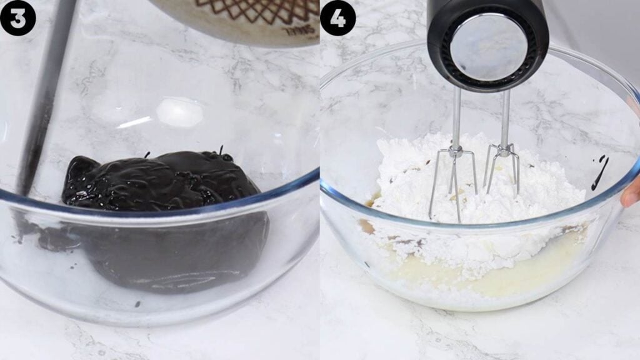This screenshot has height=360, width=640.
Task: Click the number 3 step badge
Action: tap(17, 17)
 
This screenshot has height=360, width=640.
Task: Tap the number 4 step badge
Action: tap(337, 17)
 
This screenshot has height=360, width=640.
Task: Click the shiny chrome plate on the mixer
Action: tap(480, 47)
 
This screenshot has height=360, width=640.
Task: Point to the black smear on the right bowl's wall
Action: tap(600, 172)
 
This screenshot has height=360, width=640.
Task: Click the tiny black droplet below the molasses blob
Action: tap(137, 304)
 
